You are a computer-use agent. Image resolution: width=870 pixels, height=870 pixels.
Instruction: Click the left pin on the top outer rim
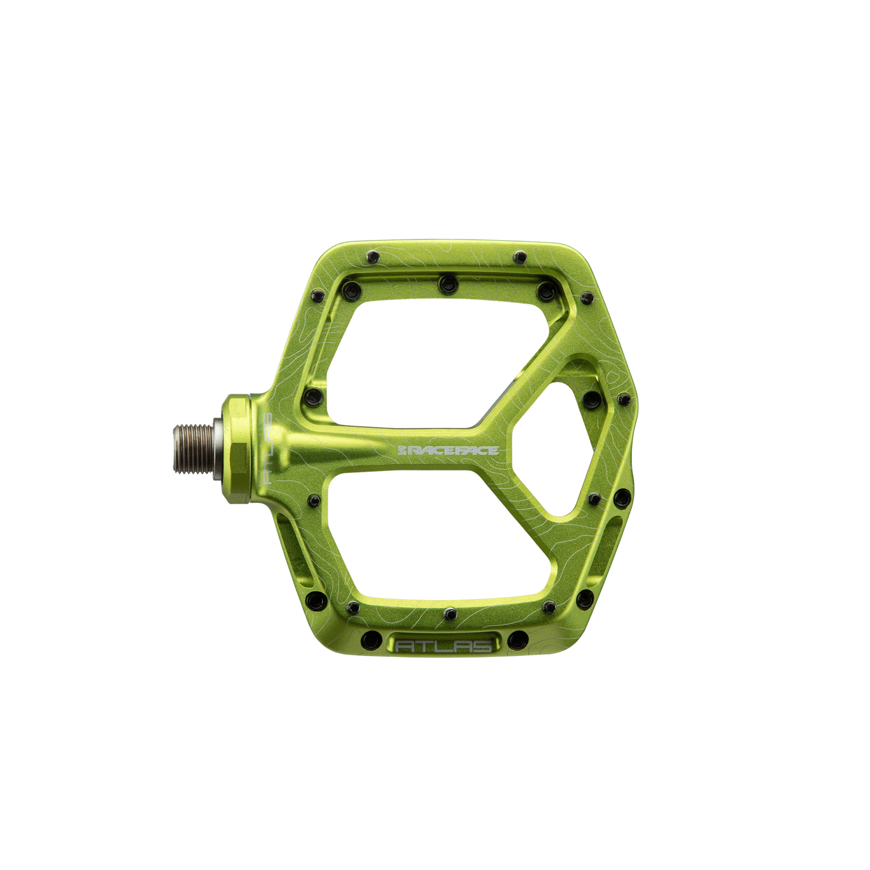coord(371,256)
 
